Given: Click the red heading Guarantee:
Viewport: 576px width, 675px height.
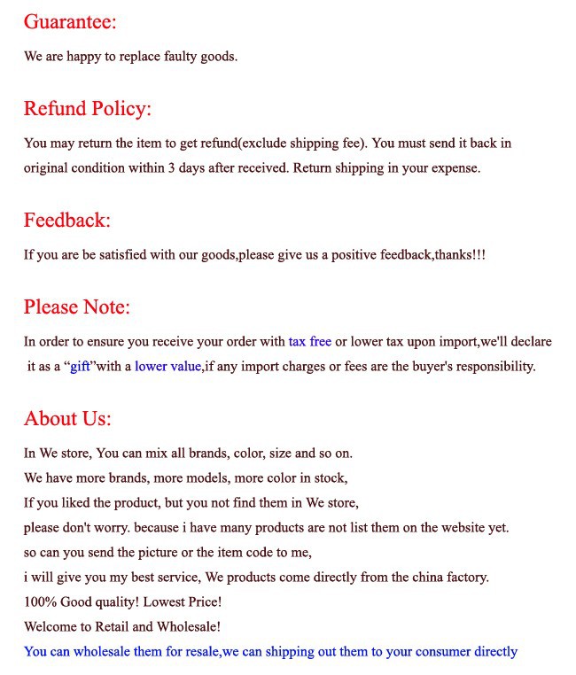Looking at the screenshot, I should tap(70, 21).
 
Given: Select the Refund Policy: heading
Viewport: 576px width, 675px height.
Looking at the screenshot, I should tap(88, 109).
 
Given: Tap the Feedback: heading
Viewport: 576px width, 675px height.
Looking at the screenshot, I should tap(67, 220).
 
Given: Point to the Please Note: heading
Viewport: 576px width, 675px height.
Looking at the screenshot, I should tap(77, 307).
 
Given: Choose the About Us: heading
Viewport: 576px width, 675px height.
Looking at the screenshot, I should tap(67, 418).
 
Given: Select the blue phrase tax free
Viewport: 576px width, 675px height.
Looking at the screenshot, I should tap(309, 341).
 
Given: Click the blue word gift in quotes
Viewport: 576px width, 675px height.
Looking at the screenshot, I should tap(81, 366).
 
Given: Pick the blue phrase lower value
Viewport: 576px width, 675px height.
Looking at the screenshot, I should tap(167, 366).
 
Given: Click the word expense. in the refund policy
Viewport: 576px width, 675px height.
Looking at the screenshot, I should tap(455, 167).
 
